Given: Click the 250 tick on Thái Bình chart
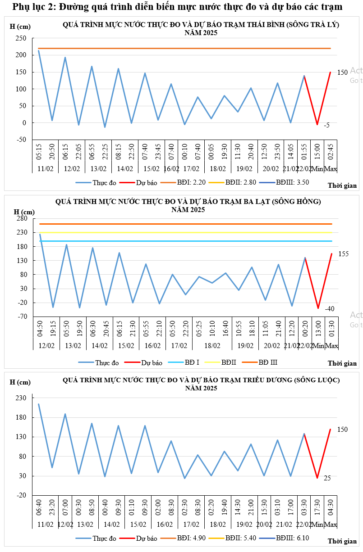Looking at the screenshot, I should coord(21,38).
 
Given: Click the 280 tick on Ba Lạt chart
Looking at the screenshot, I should coord(23,218).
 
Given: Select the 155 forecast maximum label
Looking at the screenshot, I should coord(343,254).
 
